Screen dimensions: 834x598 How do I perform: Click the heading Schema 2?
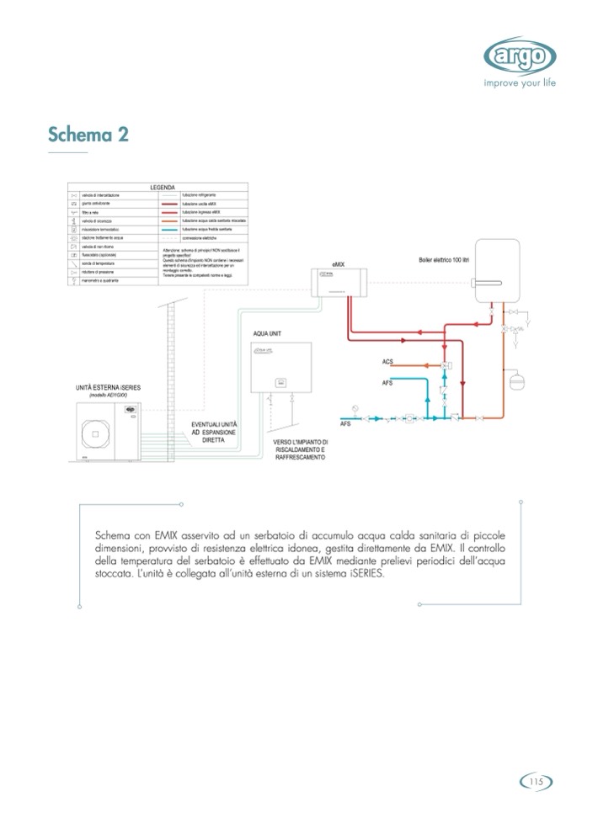88,135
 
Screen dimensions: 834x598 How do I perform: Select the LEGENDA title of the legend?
162,187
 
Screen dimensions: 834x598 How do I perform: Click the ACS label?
387,363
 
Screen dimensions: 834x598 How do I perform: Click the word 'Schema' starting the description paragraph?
115,535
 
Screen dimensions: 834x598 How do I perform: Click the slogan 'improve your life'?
520,83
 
